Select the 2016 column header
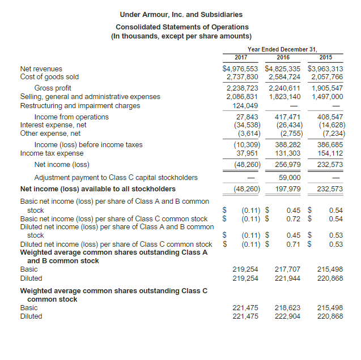point(283,57)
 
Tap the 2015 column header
point(325,57)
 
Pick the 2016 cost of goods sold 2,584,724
point(284,76)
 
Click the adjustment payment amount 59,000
point(290,177)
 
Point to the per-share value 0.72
point(292,218)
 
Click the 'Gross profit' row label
point(53,88)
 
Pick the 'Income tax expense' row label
point(52,153)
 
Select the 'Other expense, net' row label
point(50,133)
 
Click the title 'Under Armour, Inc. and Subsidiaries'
point(181,14)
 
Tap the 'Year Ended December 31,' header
point(283,49)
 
